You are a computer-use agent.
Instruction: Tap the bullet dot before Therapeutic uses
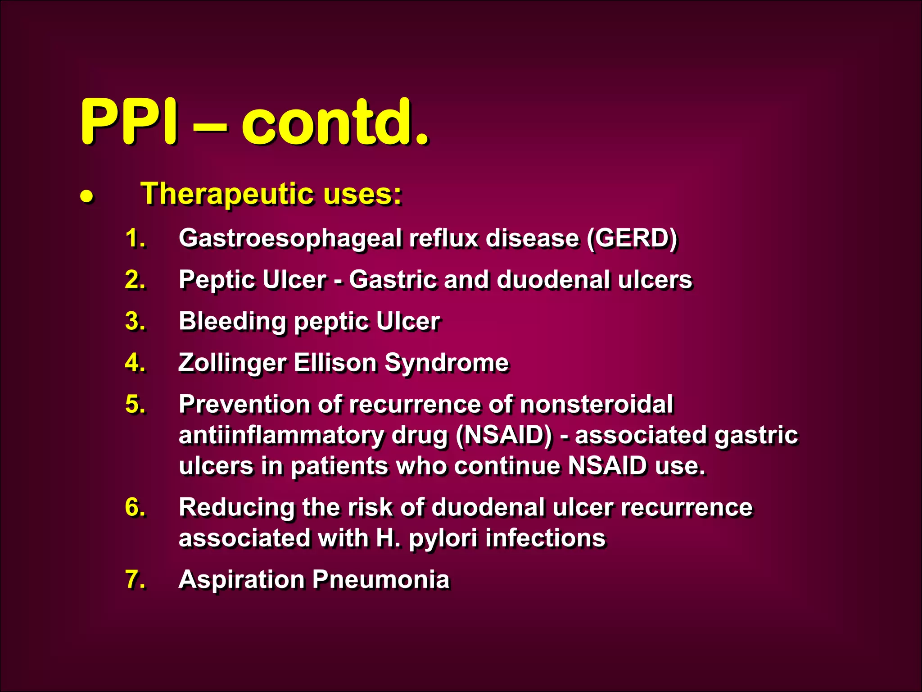point(86,196)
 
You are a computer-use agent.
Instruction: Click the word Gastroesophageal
point(290,239)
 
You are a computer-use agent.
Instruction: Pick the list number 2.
point(135,279)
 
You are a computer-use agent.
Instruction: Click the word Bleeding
point(232,322)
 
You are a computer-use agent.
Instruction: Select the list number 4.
point(135,362)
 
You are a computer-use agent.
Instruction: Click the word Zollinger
point(232,363)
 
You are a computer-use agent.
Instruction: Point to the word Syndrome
point(447,363)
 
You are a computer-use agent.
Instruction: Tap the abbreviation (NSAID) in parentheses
point(504,435)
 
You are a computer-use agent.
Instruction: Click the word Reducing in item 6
point(236,507)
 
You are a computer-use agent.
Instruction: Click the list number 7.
point(135,579)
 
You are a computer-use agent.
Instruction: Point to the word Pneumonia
point(381,579)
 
